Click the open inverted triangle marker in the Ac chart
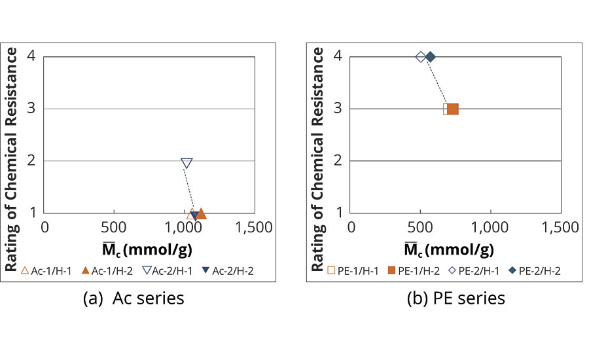pos(187,163)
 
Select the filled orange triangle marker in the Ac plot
pos(201,213)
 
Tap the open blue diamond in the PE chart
pos(421,57)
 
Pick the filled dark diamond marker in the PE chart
pos(431,57)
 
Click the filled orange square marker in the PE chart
pos(452,109)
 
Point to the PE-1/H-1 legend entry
pos(353,270)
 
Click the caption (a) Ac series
pos(134,298)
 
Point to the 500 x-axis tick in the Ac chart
pos(115,227)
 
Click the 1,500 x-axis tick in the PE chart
pos(561,227)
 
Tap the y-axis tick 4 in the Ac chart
pos(31,57)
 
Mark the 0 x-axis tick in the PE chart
pos(351,227)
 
